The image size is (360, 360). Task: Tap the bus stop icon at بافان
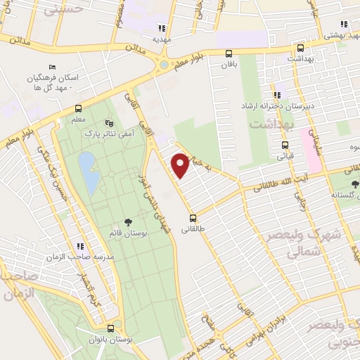[x=229, y=53]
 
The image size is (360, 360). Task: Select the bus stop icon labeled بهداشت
[x=300, y=49]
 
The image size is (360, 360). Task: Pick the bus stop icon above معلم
[x=77, y=109]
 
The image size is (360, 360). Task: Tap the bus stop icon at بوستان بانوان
[x=110, y=328]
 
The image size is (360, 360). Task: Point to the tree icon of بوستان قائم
[x=127, y=221]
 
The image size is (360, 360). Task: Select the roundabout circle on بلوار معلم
[x=164, y=65]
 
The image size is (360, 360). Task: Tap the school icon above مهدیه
[x=162, y=28]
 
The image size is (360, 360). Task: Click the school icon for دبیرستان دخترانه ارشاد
[x=277, y=94]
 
